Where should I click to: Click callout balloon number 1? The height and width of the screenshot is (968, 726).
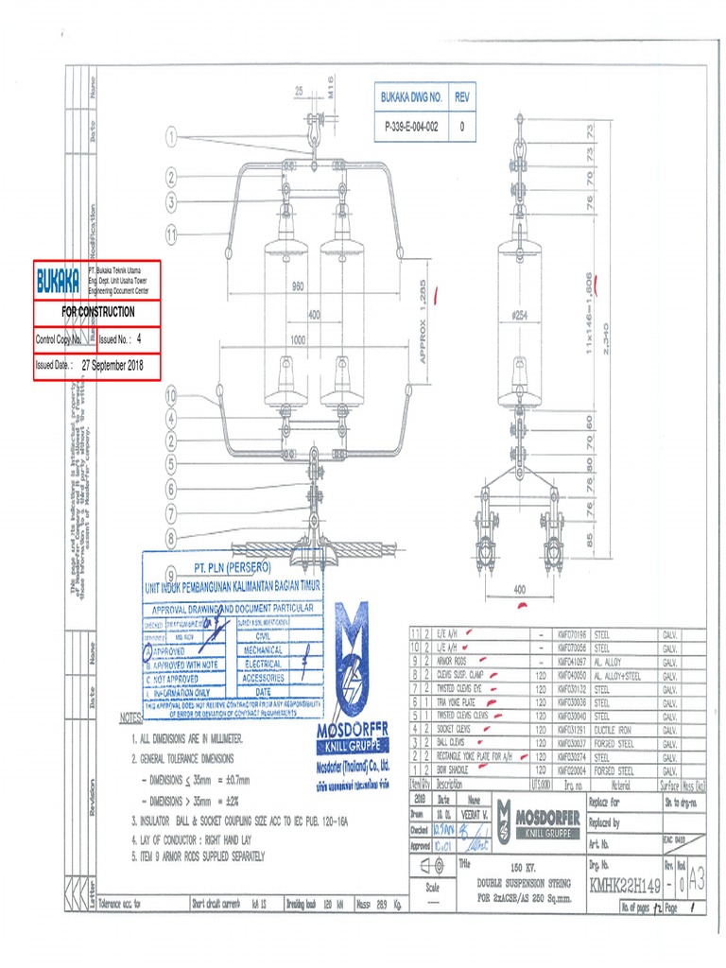point(171,137)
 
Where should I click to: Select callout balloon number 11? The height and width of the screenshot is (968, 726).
point(171,233)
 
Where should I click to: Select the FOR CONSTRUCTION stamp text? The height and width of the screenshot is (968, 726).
point(98,311)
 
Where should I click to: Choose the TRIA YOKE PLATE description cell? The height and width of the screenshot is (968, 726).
point(464,702)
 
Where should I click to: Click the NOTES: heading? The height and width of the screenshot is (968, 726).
point(130,717)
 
